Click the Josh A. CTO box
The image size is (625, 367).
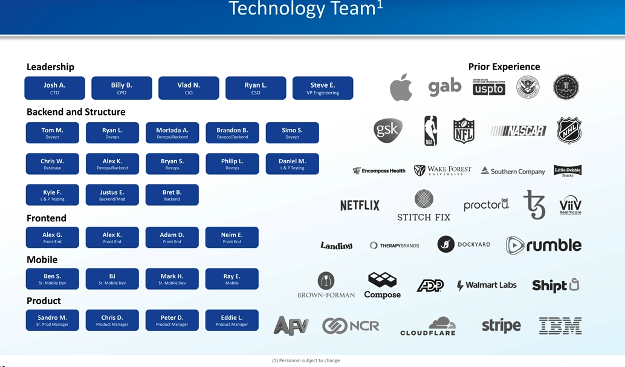point(54,88)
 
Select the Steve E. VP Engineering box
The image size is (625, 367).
point(323,88)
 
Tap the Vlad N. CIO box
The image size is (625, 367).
point(189,88)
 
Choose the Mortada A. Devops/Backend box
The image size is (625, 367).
point(172,133)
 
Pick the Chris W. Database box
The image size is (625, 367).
point(52,164)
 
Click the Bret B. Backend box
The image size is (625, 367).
point(172,195)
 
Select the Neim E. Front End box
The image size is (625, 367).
point(232,237)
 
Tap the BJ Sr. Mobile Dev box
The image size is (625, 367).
point(112,279)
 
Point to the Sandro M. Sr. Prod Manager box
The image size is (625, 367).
point(52,320)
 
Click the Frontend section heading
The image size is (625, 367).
point(47,218)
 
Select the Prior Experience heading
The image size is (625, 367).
point(504,67)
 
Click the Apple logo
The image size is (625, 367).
point(401,88)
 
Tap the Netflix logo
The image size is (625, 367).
point(360,206)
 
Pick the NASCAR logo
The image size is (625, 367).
point(518,131)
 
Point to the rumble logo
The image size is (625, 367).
point(543,245)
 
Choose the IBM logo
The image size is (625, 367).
point(560,326)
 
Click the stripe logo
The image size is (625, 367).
point(501,326)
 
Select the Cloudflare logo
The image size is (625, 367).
point(428,326)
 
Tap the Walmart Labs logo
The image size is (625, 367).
point(487,285)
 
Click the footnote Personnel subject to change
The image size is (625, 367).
point(306,360)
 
